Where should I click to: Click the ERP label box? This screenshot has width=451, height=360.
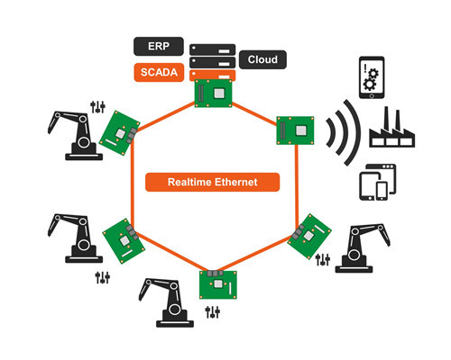pyautogui.click(x=159, y=46)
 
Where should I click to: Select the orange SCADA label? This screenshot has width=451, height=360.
pyautogui.click(x=159, y=72)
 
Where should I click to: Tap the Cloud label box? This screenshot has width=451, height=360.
pyautogui.click(x=262, y=59)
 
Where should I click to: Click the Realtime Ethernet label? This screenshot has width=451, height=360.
pyautogui.click(x=212, y=182)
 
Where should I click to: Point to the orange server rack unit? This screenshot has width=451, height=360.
pyautogui.click(x=212, y=75)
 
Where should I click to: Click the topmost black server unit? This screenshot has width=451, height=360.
pyautogui.click(x=212, y=49)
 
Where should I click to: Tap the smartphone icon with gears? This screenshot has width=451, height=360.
pyautogui.click(x=372, y=77)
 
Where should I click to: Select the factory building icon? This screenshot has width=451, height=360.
pyautogui.click(x=392, y=128)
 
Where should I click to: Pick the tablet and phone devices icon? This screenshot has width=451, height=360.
pyautogui.click(x=378, y=182)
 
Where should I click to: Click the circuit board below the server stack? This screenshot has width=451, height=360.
pyautogui.click(x=213, y=93)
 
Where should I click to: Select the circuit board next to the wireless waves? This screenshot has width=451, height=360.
pyautogui.click(x=295, y=130)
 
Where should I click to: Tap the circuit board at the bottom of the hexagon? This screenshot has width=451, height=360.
pyautogui.click(x=218, y=284)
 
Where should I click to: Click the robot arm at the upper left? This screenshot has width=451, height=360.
pyautogui.click(x=75, y=136)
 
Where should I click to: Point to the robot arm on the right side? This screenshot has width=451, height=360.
pyautogui.click(x=363, y=248)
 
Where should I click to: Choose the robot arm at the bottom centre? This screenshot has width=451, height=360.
pyautogui.click(x=166, y=302)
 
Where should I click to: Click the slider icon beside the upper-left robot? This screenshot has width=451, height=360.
pyautogui.click(x=97, y=107)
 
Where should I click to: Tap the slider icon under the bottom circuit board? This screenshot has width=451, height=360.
pyautogui.click(x=213, y=312)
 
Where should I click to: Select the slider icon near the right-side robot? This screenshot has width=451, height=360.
pyautogui.click(x=323, y=259)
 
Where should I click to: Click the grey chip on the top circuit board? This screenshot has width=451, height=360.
pyautogui.click(x=219, y=94)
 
